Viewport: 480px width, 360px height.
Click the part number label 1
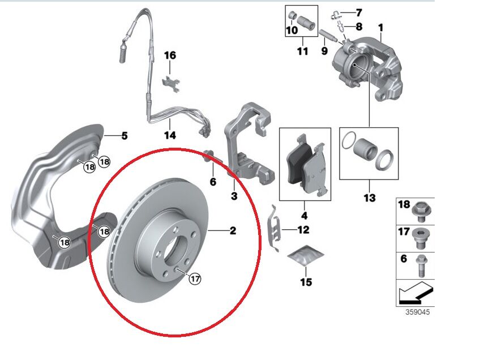coord(380,27)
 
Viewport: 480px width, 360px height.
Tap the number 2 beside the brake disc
coord(233,230)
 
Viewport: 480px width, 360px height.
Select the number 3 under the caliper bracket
coord(234,196)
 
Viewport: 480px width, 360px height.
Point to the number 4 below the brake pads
coord(304,216)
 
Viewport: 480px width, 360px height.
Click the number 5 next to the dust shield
coord(124,135)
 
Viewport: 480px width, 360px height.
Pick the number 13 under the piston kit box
coord(369,198)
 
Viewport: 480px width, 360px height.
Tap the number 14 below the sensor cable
coord(170,135)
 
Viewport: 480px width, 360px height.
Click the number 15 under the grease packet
coord(306,282)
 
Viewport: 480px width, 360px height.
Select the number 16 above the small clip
coord(170,55)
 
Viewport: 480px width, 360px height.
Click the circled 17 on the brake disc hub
coord(195,278)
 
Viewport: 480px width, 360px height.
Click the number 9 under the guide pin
coord(324,51)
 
